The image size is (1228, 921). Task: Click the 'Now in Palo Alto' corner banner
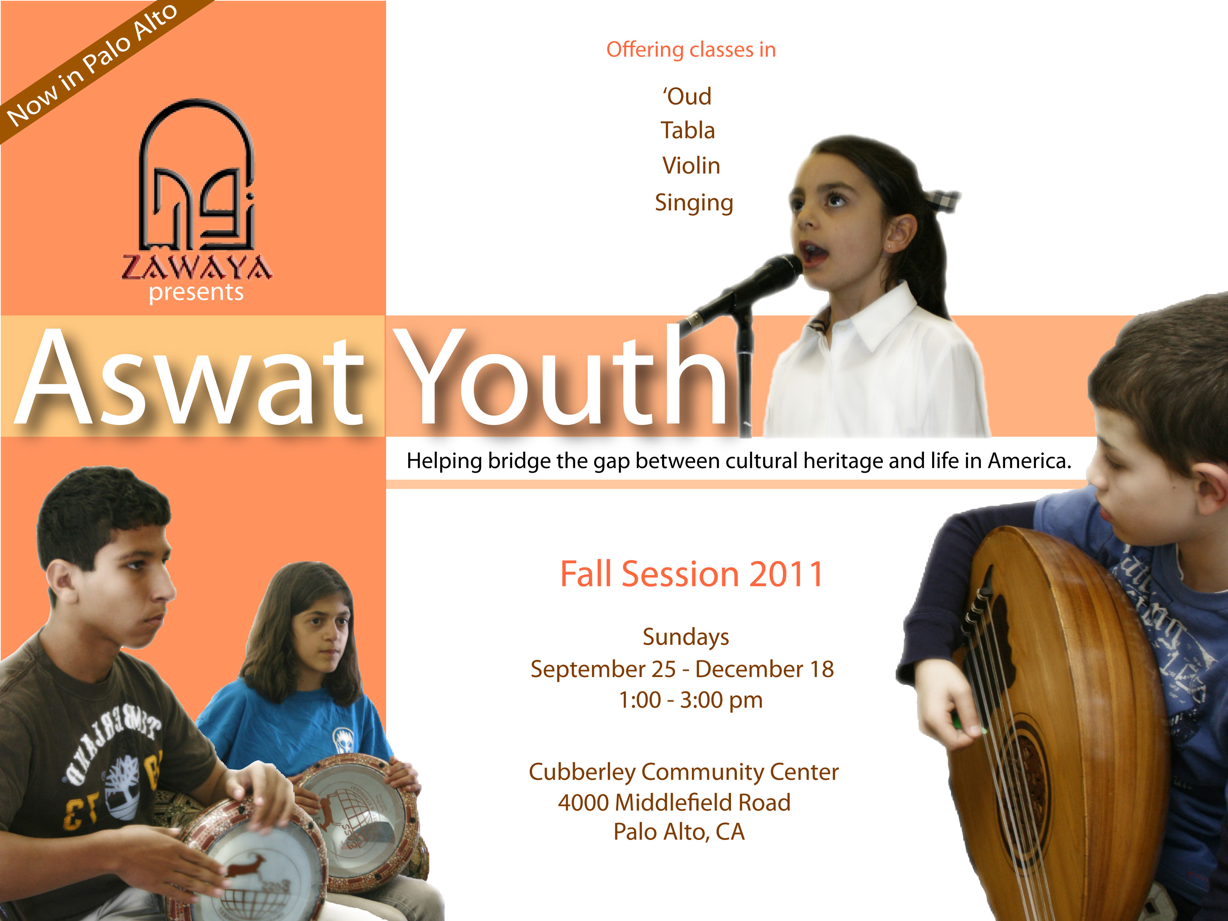(92, 64)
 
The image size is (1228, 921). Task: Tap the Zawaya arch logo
(196, 175)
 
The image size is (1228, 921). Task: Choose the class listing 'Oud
(687, 97)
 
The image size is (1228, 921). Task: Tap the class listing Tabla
(688, 130)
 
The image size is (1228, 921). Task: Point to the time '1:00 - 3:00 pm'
(690, 700)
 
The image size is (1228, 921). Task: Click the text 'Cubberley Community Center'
(683, 772)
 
